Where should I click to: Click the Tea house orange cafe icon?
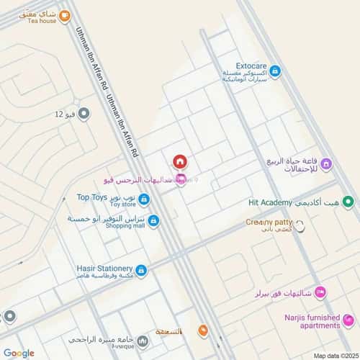click(x=64, y=14)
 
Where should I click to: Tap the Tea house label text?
click(x=42, y=21)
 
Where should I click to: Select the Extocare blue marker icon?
click(x=275, y=71)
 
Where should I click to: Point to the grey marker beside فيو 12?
click(x=84, y=113)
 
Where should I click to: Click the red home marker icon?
click(x=180, y=161)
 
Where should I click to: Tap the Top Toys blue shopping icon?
click(x=145, y=199)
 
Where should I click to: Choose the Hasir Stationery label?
click(x=104, y=268)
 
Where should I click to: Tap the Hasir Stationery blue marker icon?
click(x=141, y=271)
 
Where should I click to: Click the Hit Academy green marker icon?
click(x=348, y=202)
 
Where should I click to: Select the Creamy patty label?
click(x=269, y=222)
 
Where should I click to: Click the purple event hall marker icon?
click(x=326, y=165)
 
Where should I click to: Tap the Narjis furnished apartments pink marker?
click(x=348, y=320)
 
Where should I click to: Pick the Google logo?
click(x=19, y=353)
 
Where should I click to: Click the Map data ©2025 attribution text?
click(x=334, y=355)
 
